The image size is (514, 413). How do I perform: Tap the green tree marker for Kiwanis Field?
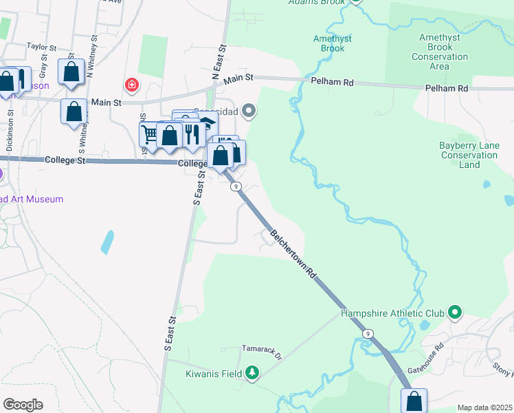(252, 372)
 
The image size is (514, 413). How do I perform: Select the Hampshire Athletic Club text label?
(392, 314)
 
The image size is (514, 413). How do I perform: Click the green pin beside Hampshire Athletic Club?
(454, 313)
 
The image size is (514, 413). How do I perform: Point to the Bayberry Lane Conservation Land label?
(469, 155)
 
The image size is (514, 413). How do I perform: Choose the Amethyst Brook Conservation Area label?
(440, 52)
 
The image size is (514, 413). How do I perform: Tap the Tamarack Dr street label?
(262, 353)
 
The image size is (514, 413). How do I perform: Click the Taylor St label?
(41, 47)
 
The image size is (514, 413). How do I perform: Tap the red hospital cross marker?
(131, 86)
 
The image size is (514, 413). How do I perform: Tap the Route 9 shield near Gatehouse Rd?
(368, 334)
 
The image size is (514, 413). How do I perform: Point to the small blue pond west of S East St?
(107, 242)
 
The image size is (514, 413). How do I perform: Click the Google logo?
(23, 404)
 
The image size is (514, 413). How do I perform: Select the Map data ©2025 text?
(484, 407)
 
